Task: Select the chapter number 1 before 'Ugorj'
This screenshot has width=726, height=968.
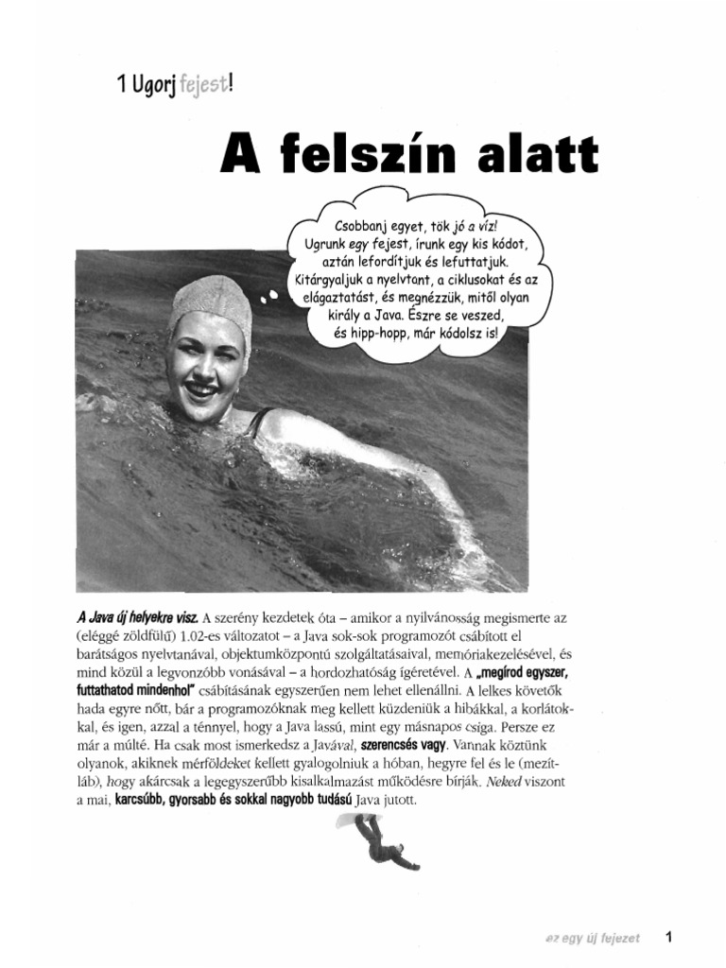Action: tap(121, 86)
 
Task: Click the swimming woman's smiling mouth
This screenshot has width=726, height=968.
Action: tap(201, 388)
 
